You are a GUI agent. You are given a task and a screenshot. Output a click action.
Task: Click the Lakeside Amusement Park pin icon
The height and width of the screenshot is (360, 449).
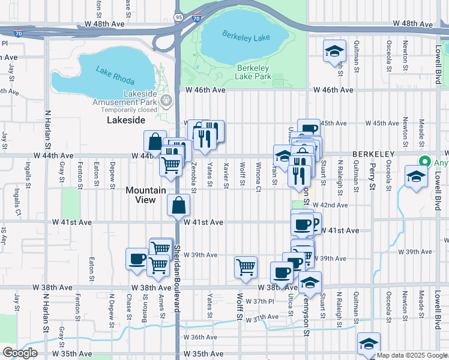point(168,100)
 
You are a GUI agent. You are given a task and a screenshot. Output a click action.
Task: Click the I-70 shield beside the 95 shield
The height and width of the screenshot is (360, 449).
point(197,19)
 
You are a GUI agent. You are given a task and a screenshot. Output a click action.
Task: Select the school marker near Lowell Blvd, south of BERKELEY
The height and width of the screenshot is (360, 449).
point(416,177)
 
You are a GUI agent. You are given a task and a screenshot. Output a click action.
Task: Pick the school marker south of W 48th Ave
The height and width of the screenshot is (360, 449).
point(334,51)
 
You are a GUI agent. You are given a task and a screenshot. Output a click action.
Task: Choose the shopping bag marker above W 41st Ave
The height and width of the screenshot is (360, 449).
point(179,205)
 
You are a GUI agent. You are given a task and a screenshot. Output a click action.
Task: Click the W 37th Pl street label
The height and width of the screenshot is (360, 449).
point(264,301)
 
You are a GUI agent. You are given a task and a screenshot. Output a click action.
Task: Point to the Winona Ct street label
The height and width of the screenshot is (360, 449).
point(258,174)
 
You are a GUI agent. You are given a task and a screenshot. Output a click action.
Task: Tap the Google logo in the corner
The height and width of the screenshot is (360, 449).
point(20,353)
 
